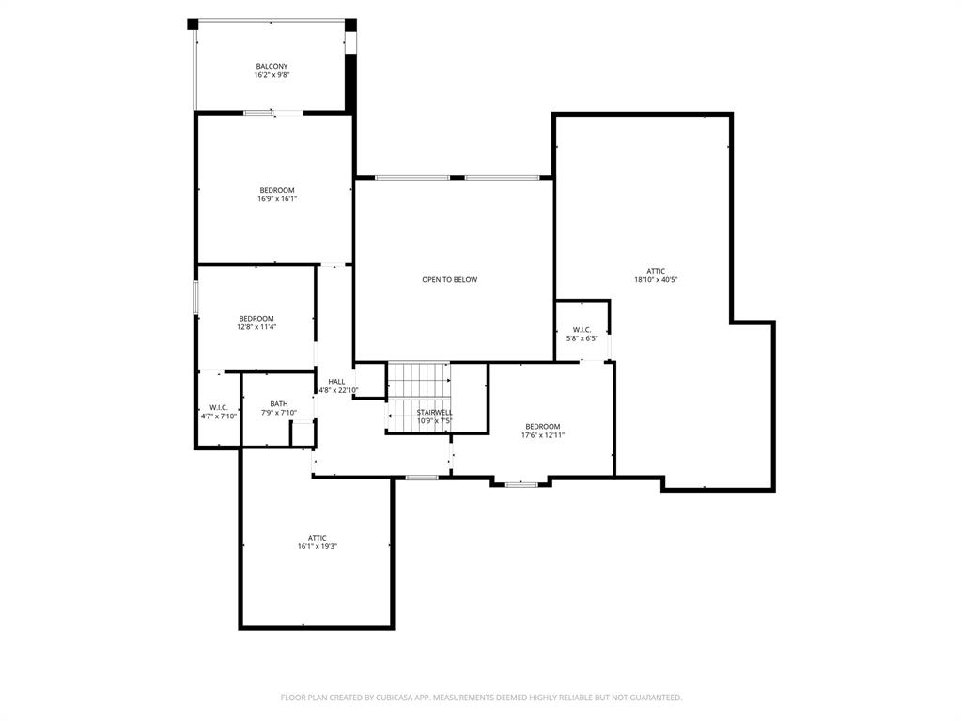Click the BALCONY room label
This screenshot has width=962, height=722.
272,66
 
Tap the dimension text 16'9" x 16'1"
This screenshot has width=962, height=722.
277,198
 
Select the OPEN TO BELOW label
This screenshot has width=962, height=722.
449,279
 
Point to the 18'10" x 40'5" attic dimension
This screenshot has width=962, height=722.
656,279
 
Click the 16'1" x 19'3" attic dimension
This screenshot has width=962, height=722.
318,546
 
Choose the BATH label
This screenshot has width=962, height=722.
279,403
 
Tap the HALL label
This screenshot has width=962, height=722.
336,381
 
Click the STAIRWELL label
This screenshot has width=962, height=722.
435,412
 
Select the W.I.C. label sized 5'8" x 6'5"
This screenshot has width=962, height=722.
582,329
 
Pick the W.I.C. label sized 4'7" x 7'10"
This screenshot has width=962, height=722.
219,407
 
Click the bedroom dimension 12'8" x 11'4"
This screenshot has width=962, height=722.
256,327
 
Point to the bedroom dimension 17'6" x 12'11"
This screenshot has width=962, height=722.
543,435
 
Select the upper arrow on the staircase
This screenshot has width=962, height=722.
419,382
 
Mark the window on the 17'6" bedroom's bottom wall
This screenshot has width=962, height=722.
521,484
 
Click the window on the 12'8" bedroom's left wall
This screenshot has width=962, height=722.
195,296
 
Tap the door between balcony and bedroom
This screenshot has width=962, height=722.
273,113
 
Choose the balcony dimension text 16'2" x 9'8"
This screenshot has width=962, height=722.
272,75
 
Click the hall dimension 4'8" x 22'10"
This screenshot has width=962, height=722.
338,390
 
